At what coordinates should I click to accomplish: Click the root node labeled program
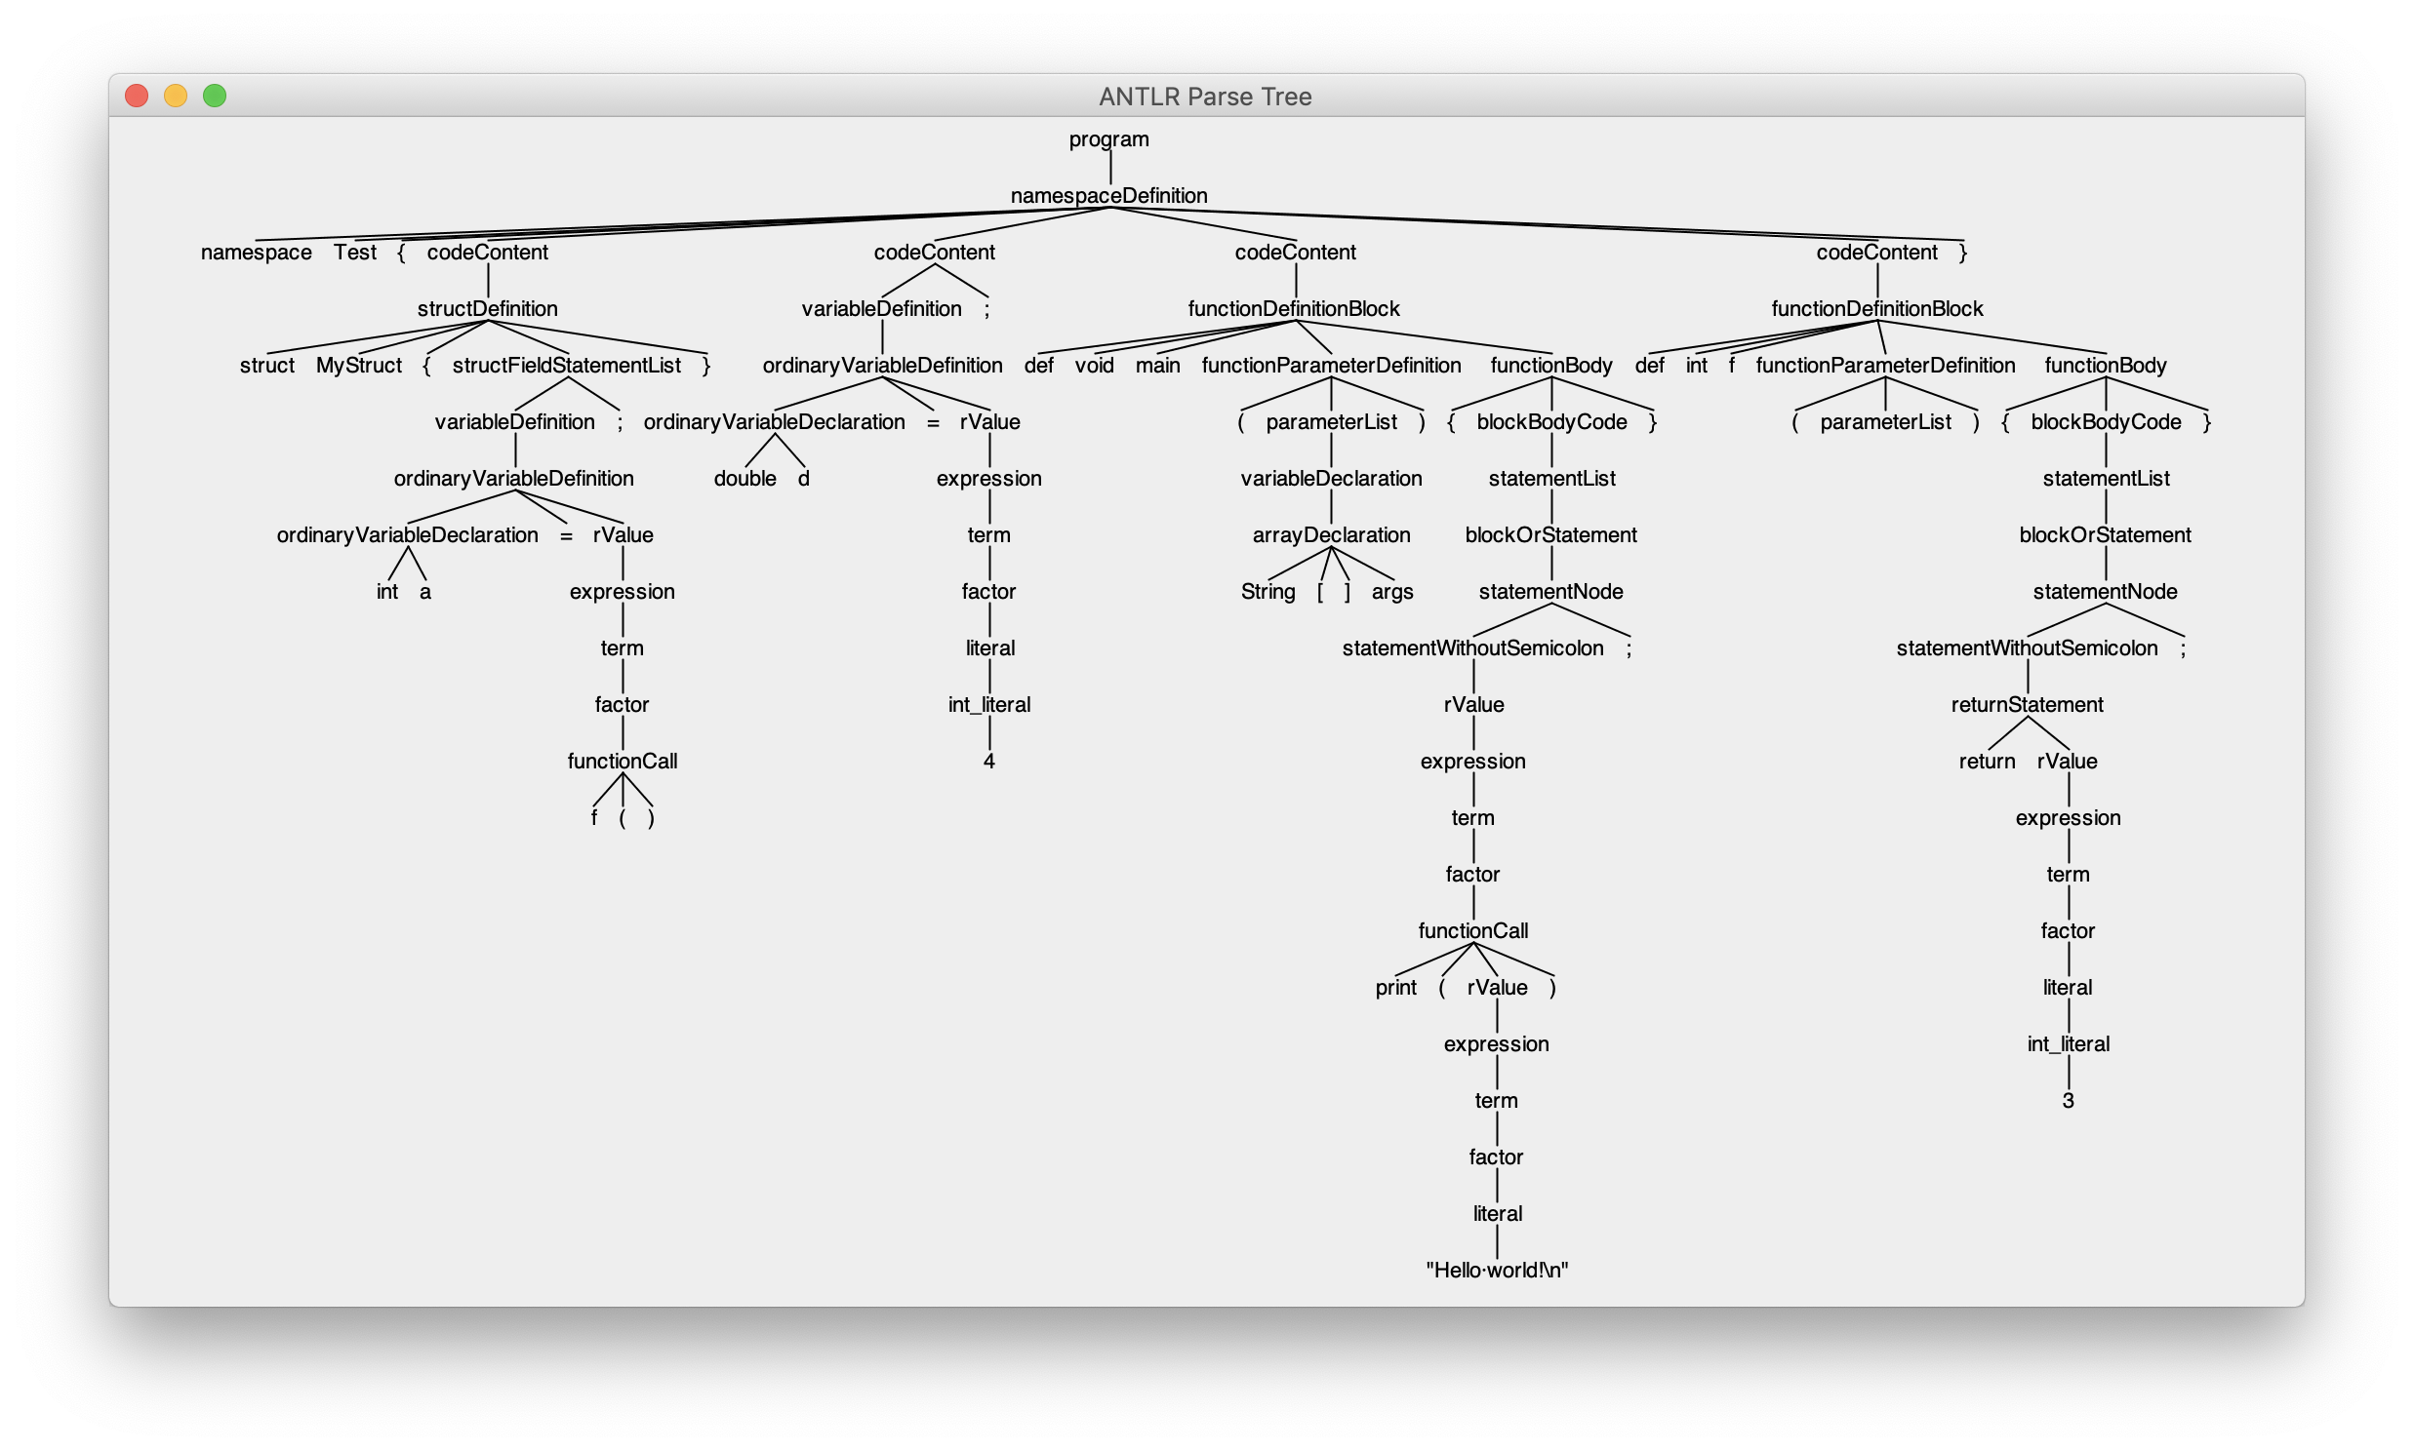click(1108, 139)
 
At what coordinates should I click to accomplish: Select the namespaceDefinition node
click(1108, 197)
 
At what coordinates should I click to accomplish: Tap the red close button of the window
click(137, 96)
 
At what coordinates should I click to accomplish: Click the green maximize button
click(215, 96)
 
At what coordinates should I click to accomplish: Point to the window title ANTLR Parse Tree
click(1204, 97)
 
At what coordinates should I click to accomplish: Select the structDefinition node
click(487, 309)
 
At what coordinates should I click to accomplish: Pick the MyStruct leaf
click(358, 366)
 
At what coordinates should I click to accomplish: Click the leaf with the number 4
click(988, 762)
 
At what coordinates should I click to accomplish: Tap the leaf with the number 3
click(2068, 1101)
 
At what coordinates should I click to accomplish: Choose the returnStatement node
click(2027, 705)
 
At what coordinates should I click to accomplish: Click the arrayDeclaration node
click(1330, 535)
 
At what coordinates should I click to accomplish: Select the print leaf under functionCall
click(1394, 988)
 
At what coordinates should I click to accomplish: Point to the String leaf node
click(1267, 593)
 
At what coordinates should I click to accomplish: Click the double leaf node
click(744, 479)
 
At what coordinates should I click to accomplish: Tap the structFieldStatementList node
click(566, 366)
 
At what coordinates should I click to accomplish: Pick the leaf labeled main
click(1157, 366)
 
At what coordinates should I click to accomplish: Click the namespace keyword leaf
click(257, 253)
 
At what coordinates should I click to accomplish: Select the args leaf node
click(1391, 593)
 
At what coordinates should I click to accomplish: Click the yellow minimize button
click(176, 96)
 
